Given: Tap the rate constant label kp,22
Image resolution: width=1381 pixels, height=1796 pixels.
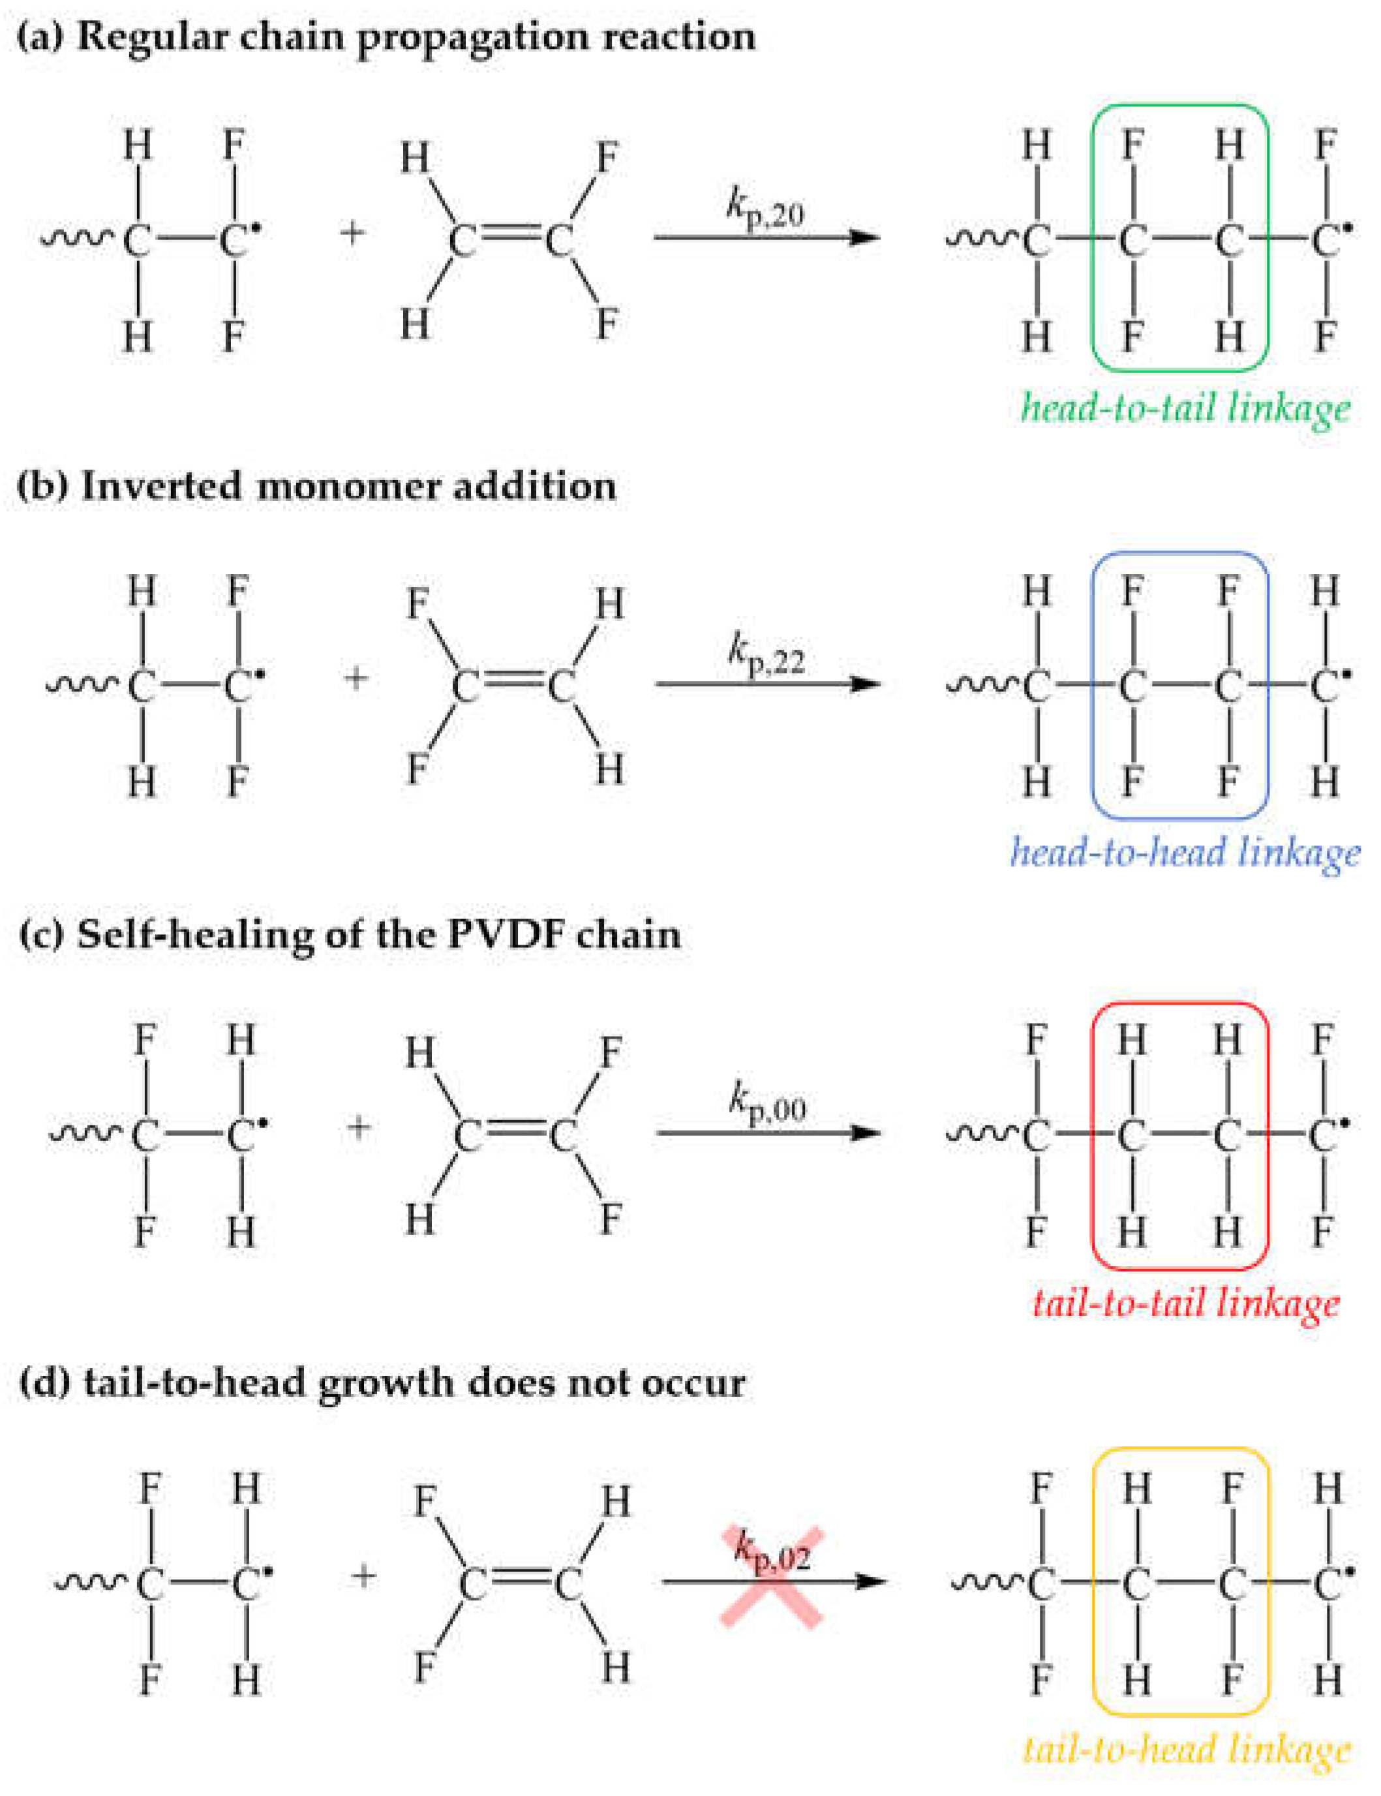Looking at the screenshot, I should click(766, 657).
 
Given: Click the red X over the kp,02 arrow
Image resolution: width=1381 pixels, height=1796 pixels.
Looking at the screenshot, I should click(771, 1577).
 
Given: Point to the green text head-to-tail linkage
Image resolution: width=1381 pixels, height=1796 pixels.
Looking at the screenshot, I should click(1185, 408).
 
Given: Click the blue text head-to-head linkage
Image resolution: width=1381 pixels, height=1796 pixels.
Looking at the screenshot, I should click(1185, 853).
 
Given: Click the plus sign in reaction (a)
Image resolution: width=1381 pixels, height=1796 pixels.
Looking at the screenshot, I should click(352, 234).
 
